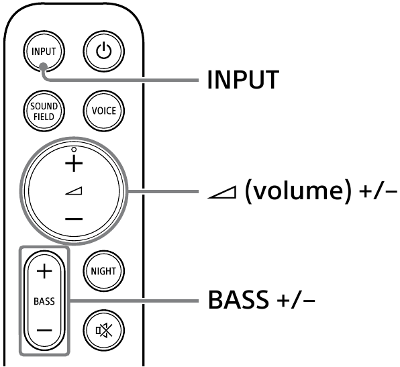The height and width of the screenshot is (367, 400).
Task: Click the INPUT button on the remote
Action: click(x=42, y=52)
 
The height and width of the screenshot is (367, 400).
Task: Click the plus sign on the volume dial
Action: click(x=74, y=163)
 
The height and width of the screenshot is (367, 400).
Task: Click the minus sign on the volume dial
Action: click(x=74, y=219)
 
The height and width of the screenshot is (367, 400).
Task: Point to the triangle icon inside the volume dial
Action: click(x=74, y=192)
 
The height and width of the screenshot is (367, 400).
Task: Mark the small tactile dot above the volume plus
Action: click(x=74, y=148)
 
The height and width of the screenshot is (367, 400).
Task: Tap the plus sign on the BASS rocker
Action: click(x=44, y=271)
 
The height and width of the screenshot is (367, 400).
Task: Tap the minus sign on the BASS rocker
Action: click(x=44, y=330)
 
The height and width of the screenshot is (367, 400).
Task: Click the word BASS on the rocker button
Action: click(x=44, y=301)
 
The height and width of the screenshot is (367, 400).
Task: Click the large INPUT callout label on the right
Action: click(x=242, y=81)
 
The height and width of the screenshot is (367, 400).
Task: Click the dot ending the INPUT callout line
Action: click(x=43, y=66)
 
